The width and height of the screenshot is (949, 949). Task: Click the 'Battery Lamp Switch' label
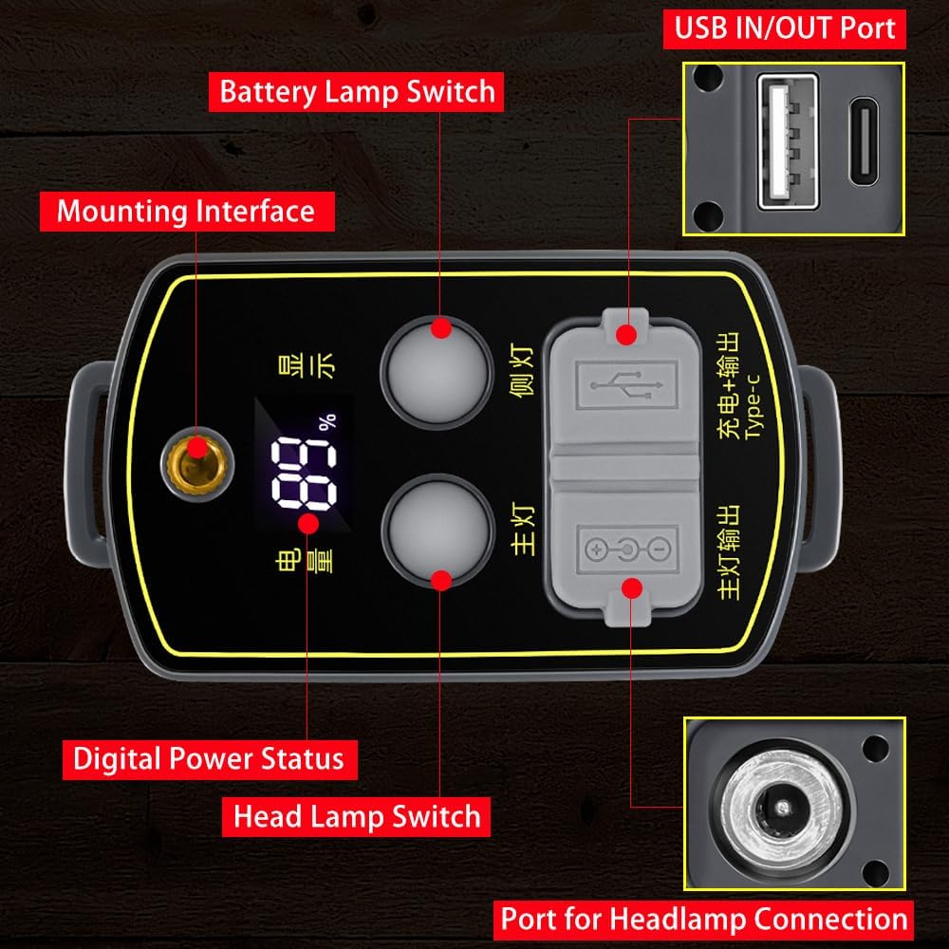(x=358, y=92)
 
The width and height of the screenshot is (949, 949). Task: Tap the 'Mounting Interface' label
(x=186, y=210)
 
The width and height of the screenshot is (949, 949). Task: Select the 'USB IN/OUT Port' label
(x=785, y=28)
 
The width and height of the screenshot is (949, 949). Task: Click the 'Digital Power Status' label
(x=209, y=759)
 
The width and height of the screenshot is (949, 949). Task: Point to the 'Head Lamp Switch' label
(x=358, y=816)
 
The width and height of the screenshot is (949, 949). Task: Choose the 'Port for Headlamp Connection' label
(x=703, y=919)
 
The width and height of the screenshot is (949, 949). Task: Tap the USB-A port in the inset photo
(x=787, y=140)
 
